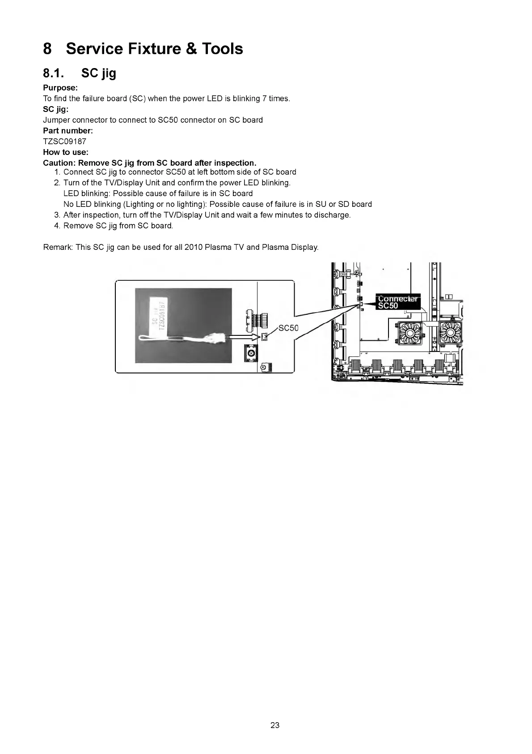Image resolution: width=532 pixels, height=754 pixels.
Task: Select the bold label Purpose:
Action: click(60, 88)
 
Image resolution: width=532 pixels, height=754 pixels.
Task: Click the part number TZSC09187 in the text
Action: click(64, 141)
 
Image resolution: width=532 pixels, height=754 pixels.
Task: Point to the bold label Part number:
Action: click(68, 131)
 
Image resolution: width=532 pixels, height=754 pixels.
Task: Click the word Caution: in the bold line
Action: click(59, 163)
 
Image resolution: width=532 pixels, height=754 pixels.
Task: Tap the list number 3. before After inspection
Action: click(57, 215)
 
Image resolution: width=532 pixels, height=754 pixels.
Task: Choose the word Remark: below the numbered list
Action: click(58, 247)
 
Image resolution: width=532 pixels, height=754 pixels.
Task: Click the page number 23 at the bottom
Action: click(275, 725)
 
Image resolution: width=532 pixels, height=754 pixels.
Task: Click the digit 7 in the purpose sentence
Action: click(265, 99)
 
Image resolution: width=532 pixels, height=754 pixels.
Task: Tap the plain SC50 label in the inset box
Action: click(288, 328)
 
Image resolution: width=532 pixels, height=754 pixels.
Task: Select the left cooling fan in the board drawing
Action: click(409, 334)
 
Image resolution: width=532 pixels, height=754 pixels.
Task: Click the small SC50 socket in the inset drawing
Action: click(264, 337)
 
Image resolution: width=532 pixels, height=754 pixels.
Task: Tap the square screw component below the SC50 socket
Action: click(251, 354)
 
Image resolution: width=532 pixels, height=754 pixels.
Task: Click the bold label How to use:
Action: click(66, 152)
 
